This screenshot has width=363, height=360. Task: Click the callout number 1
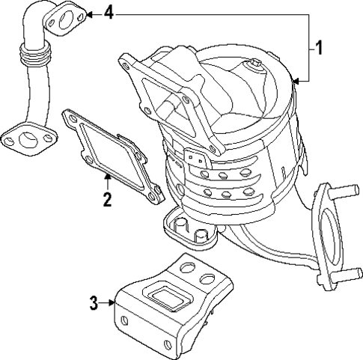tap(318, 49)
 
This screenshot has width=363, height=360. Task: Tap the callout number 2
tap(107, 200)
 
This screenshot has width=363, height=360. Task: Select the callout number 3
tap(94, 303)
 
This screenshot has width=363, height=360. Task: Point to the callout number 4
tap(109, 13)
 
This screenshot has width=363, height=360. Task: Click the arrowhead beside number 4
tap(88, 13)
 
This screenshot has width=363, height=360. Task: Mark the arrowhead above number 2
tap(108, 177)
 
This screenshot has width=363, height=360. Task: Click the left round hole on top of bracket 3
tap(186, 266)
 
